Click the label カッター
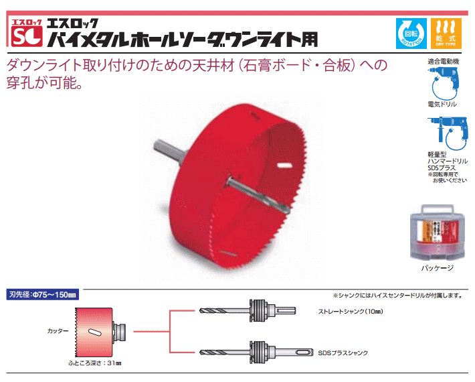[x=58, y=331]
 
